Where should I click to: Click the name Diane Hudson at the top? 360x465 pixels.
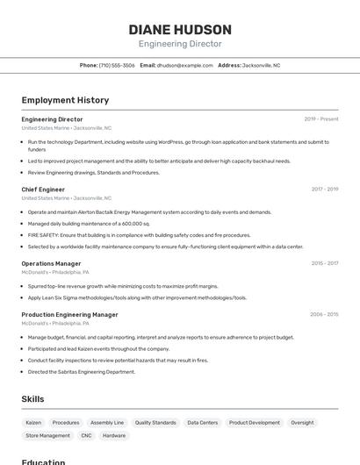click(x=180, y=30)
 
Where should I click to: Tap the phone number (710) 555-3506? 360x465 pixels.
click(x=117, y=65)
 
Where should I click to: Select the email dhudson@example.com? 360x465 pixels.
click(x=184, y=65)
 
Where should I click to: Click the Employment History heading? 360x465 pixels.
click(x=65, y=100)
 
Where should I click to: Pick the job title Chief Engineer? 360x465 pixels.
click(x=43, y=189)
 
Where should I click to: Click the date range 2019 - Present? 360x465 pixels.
click(x=321, y=119)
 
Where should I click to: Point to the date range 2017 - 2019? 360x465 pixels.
click(x=324, y=189)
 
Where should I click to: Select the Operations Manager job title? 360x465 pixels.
click(x=51, y=263)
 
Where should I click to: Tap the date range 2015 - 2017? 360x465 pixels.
click(x=324, y=263)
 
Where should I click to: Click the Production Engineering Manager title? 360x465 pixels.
click(x=69, y=314)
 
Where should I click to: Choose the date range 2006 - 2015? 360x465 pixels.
click(x=324, y=314)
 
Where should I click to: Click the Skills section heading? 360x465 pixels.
click(x=32, y=399)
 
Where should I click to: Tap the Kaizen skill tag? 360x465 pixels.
click(x=33, y=422)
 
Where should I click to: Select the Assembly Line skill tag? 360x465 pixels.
click(x=107, y=422)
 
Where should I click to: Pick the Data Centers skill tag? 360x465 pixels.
click(x=202, y=422)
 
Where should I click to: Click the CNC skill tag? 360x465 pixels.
click(x=86, y=435)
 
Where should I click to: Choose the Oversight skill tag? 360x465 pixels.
click(x=302, y=422)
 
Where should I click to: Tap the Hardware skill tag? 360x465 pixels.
click(x=114, y=435)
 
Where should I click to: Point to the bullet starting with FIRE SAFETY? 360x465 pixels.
click(x=139, y=235)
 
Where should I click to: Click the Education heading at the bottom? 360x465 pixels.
click(x=43, y=461)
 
